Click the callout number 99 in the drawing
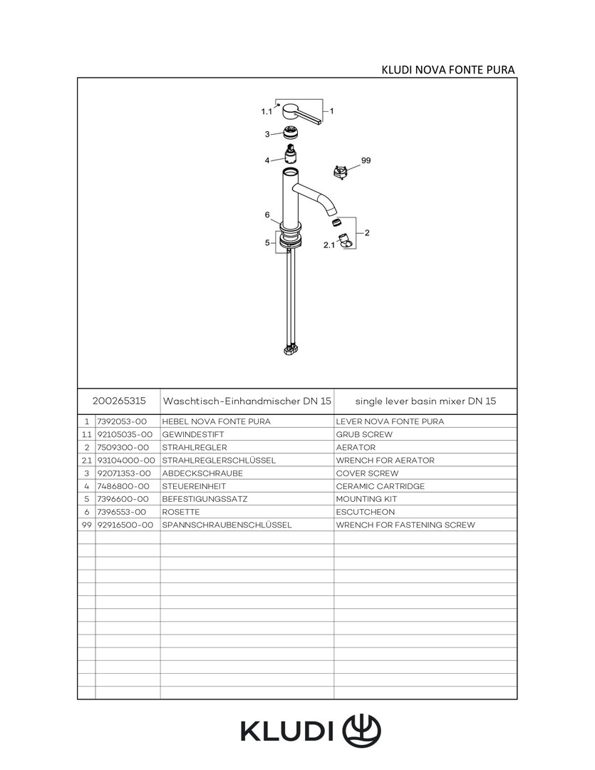[366, 161]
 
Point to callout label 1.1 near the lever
[267, 112]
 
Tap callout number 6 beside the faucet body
[267, 215]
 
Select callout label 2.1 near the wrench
[329, 245]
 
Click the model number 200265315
[120, 401]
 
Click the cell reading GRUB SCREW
[364, 434]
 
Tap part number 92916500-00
[125, 525]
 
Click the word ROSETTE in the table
[181, 512]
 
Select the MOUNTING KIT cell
[366, 499]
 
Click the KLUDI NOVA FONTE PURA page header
[448, 69]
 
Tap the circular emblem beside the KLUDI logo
[362, 730]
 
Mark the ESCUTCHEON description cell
[365, 512]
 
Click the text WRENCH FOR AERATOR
[385, 461]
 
